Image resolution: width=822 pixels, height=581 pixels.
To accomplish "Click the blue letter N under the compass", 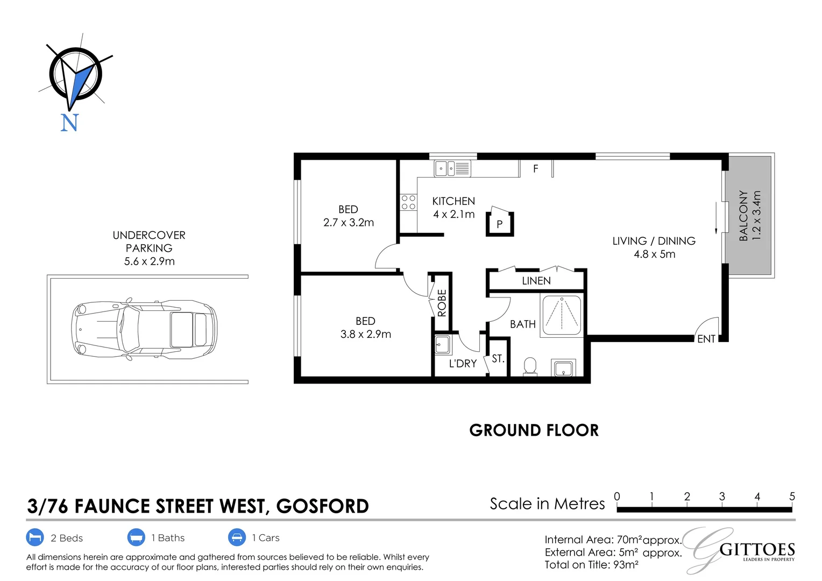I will click(x=69, y=123).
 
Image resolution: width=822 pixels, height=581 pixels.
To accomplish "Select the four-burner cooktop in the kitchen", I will click(x=408, y=202).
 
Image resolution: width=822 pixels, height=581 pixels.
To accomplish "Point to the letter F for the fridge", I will click(x=535, y=169).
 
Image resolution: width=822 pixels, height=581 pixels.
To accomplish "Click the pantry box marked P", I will click(x=500, y=224).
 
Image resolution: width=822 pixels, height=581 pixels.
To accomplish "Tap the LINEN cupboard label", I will click(x=536, y=281).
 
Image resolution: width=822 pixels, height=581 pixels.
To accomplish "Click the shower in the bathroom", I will click(x=562, y=315).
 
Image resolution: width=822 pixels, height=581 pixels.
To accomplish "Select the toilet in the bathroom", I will click(x=530, y=366).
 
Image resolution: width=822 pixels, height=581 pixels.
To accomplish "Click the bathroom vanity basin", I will click(x=563, y=369).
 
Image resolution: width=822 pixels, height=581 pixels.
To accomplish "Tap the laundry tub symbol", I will click(x=442, y=344).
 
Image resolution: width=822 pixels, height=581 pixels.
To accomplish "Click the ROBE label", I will click(x=442, y=303).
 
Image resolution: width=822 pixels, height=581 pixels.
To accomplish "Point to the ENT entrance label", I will click(x=706, y=339).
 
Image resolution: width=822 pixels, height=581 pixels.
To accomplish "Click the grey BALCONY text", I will click(x=744, y=215).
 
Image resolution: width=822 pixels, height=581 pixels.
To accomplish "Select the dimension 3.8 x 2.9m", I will click(x=365, y=334).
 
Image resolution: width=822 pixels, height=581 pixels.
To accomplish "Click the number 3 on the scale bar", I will click(x=721, y=497).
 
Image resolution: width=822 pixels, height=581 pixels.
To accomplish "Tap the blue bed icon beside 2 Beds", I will click(x=35, y=537).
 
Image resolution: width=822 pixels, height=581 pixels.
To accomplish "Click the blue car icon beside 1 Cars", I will click(x=237, y=537).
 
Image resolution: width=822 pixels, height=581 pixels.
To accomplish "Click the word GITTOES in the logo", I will click(x=757, y=550).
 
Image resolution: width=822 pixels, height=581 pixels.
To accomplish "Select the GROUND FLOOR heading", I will click(x=534, y=430).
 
